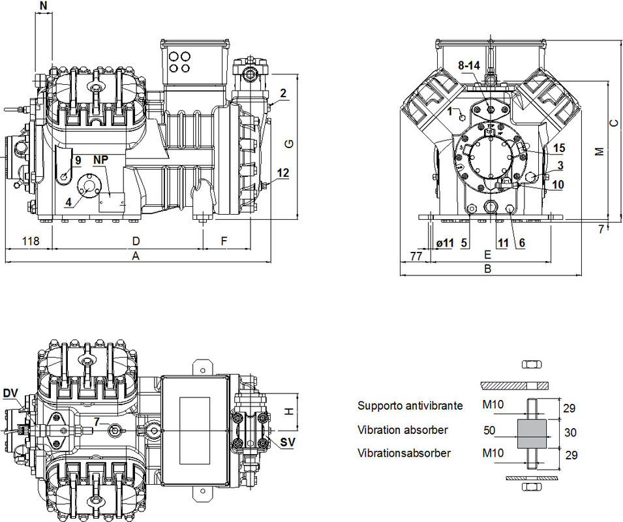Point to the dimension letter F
point(224,241)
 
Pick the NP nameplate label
point(100,160)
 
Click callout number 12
point(282,173)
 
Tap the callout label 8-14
point(469,66)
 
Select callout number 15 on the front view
point(558,148)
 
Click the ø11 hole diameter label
point(444,243)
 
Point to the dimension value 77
point(415,256)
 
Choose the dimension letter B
point(487,268)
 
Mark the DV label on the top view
point(10,393)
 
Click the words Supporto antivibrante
point(410,406)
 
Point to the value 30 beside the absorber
point(570,432)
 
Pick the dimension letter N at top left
point(43,6)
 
